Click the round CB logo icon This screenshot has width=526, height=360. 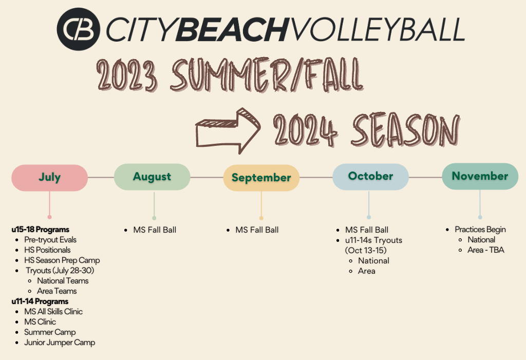click(78, 29)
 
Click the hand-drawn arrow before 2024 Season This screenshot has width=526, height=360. click(228, 130)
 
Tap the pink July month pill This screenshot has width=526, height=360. click(50, 178)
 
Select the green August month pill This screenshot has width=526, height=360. click(152, 177)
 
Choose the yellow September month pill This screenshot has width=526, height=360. click(261, 178)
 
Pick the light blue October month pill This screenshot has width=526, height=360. click(371, 177)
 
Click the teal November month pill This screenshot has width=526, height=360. click(480, 176)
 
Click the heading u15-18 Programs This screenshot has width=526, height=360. click(40, 230)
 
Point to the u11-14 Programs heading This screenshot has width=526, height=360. click(40, 301)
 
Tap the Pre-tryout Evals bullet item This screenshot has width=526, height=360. click(50, 240)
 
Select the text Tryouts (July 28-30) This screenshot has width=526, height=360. click(60, 271)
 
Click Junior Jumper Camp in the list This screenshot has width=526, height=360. click(60, 343)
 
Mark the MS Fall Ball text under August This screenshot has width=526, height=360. click(155, 230)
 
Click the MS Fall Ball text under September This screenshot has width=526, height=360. click(257, 230)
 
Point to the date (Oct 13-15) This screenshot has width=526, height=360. click(366, 250)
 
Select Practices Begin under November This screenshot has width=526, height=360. click(480, 230)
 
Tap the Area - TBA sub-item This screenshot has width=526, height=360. click(486, 250)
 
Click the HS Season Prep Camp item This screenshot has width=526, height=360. click(62, 260)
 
